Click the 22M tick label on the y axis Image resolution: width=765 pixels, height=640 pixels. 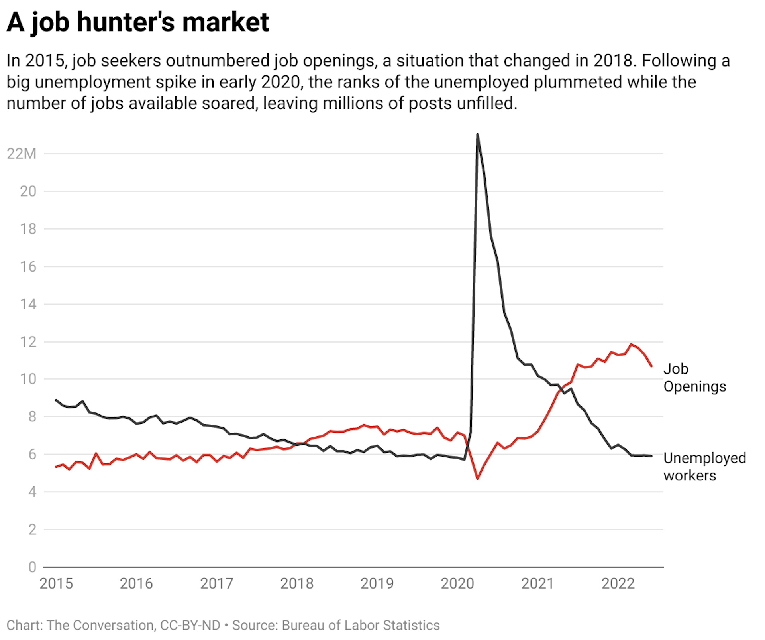pyautogui.click(x=22, y=154)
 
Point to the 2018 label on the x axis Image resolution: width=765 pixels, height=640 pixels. pyautogui.click(x=297, y=583)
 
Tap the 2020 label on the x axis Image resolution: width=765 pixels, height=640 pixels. pyautogui.click(x=457, y=583)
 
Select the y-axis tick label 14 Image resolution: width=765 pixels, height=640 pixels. pyautogui.click(x=28, y=304)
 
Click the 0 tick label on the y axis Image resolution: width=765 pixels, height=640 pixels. pyautogui.click(x=32, y=567)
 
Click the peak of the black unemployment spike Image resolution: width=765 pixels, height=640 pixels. pyautogui.click(x=477, y=134)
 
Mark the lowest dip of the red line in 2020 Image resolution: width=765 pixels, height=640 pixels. pyautogui.click(x=477, y=478)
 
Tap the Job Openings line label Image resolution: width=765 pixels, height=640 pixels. pyautogui.click(x=694, y=378)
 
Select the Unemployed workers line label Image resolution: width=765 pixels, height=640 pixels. pyautogui.click(x=704, y=467)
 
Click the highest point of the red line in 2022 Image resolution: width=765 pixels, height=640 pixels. pyautogui.click(x=631, y=344)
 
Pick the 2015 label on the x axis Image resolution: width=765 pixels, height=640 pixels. pyautogui.click(x=56, y=583)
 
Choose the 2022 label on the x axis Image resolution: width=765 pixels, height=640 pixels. pyautogui.click(x=618, y=583)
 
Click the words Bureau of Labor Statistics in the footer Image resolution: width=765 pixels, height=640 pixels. pyautogui.click(x=361, y=625)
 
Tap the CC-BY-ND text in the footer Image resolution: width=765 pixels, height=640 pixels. pyautogui.click(x=190, y=625)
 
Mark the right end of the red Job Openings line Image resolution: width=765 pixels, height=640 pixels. pyautogui.click(x=651, y=366)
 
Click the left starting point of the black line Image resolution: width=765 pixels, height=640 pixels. pyautogui.click(x=56, y=400)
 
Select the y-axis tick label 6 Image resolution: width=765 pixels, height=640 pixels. pyautogui.click(x=32, y=454)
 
